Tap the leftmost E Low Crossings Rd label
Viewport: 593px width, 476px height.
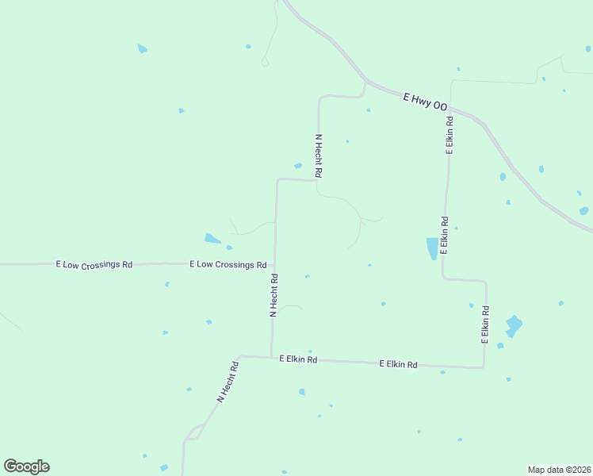pyautogui.click(x=94, y=264)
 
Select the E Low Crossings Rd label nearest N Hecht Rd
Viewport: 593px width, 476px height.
pyautogui.click(x=228, y=264)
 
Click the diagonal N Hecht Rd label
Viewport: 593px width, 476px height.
pyautogui.click(x=228, y=382)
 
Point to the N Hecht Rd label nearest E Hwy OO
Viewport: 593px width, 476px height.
pyautogui.click(x=319, y=155)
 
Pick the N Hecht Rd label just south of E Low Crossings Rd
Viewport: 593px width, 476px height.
pyautogui.click(x=274, y=295)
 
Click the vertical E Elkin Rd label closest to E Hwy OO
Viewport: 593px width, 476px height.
pyautogui.click(x=449, y=135)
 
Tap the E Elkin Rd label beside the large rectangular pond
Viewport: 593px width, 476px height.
pyautogui.click(x=444, y=235)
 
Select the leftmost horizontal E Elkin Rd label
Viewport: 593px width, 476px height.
pyautogui.click(x=298, y=359)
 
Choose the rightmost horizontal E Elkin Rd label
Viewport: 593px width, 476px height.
pyautogui.click(x=398, y=364)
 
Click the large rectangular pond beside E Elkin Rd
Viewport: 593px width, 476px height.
pyautogui.click(x=432, y=248)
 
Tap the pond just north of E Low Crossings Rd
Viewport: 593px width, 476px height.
pyautogui.click(x=212, y=238)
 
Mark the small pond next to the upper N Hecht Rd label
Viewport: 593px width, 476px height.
pyautogui.click(x=298, y=166)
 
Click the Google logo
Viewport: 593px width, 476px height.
pyautogui.click(x=26, y=466)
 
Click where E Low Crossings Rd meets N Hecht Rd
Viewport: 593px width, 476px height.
pyautogui.click(x=274, y=265)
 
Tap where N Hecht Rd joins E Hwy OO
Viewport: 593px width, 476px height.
pyautogui.click(x=365, y=83)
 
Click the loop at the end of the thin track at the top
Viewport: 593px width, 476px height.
pyautogui.click(x=265, y=62)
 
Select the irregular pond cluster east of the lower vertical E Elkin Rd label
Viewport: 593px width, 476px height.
pyautogui.click(x=514, y=326)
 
